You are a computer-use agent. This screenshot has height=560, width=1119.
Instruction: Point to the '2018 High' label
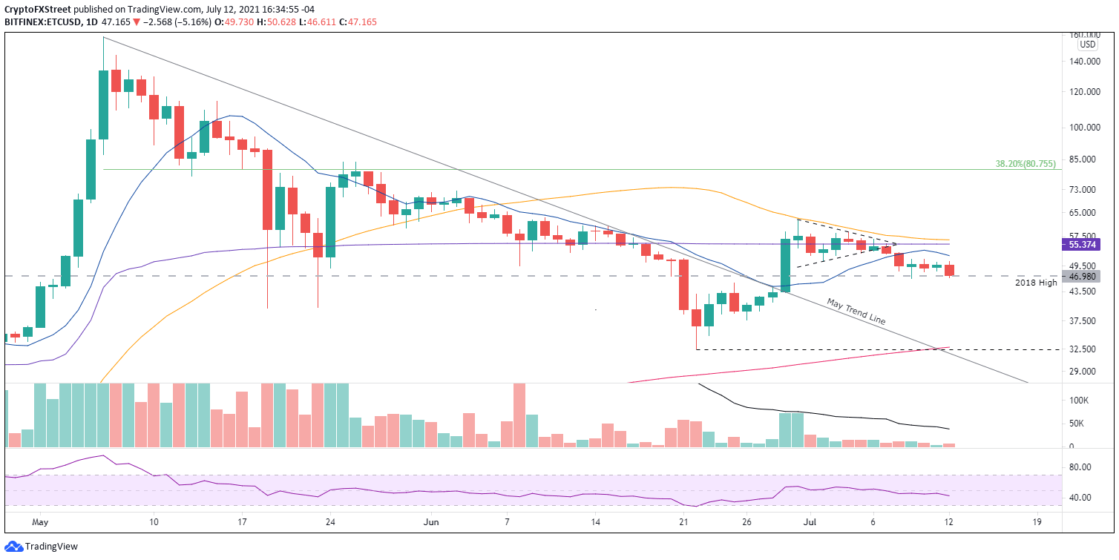click(x=1036, y=283)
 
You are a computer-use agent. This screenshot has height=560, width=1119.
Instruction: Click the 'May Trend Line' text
click(x=856, y=311)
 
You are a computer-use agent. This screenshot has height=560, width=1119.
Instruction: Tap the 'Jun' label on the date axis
click(x=430, y=522)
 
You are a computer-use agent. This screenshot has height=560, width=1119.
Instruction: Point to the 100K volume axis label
click(x=1077, y=401)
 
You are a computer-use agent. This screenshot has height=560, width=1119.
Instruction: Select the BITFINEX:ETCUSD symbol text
click(x=45, y=22)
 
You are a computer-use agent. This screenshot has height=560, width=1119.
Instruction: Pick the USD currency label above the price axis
click(x=1088, y=45)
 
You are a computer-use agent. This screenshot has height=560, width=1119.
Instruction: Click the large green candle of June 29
click(x=785, y=264)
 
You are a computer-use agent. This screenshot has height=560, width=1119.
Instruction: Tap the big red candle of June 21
click(x=683, y=285)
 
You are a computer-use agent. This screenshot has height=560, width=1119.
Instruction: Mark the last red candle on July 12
click(x=949, y=271)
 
